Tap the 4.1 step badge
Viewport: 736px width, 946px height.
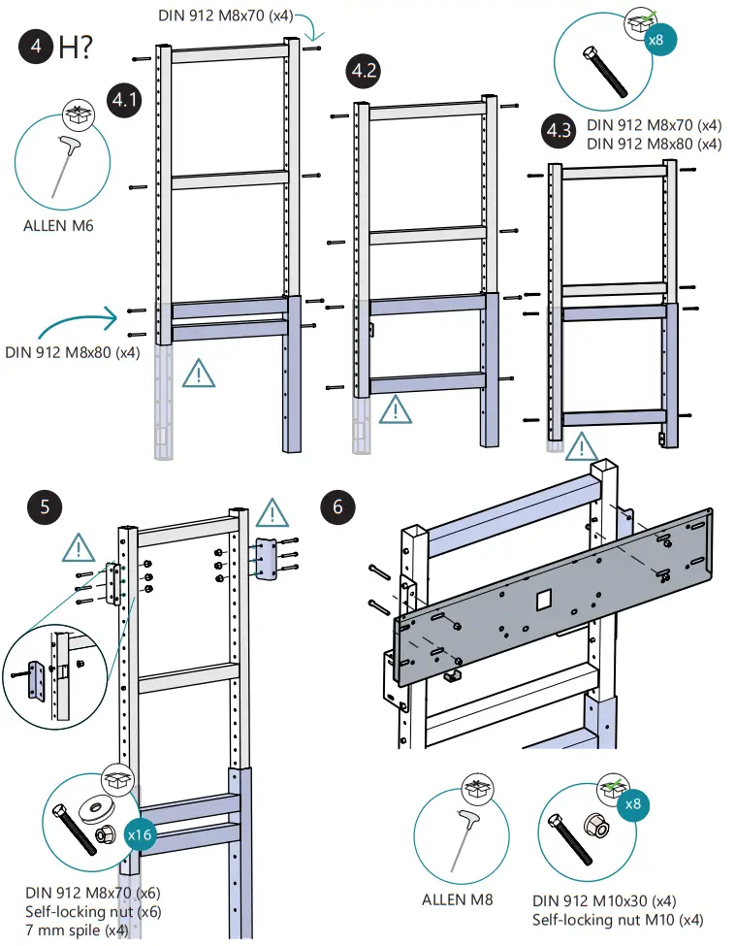tap(123, 101)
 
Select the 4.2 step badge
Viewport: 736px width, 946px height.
tap(365, 71)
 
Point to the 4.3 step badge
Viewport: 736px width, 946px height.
tap(558, 132)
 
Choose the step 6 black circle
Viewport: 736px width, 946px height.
tap(337, 506)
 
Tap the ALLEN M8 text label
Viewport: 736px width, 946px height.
tap(457, 899)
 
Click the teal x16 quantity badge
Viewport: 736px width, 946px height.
tap(142, 833)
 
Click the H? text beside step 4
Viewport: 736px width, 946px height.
tap(76, 49)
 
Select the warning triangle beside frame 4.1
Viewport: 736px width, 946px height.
tap(200, 373)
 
